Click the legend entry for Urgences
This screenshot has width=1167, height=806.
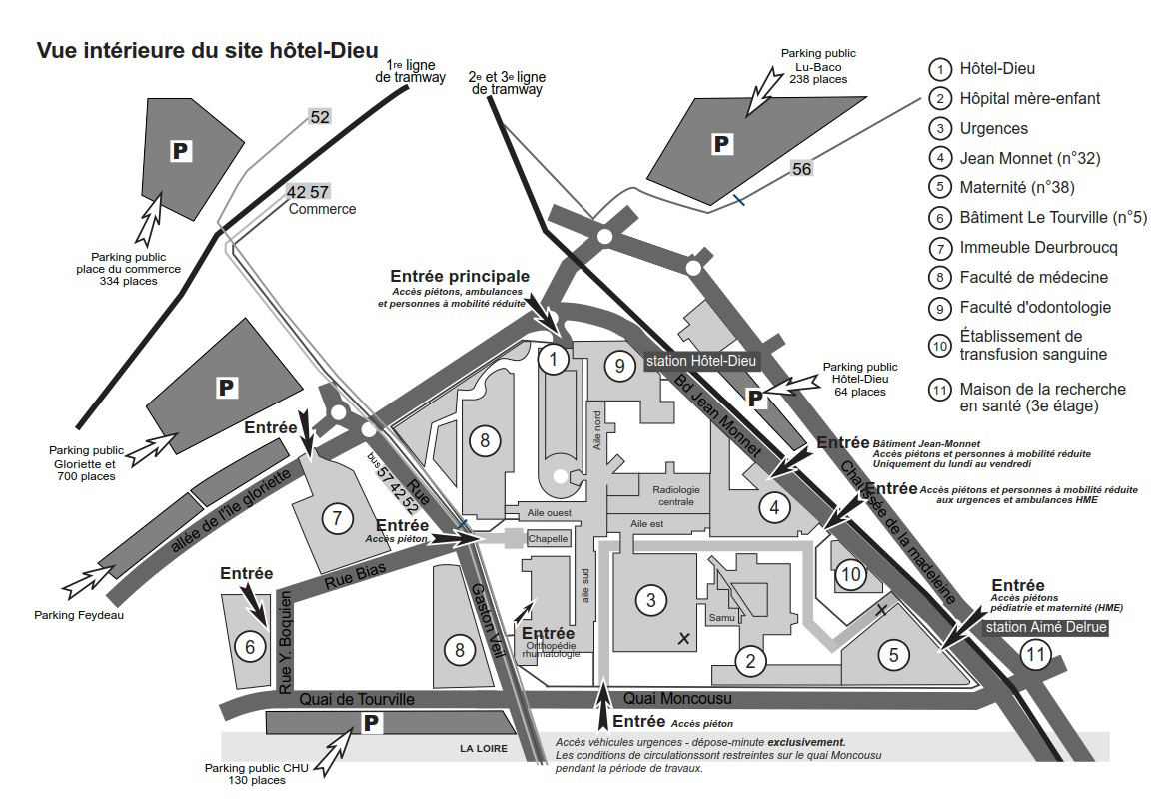pos(993,128)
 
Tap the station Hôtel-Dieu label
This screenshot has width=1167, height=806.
pos(702,361)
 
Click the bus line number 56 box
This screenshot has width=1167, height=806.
pos(801,169)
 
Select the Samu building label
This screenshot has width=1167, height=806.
pos(721,618)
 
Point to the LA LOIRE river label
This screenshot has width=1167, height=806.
pos(484,749)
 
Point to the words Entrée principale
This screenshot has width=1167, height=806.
pos(460,276)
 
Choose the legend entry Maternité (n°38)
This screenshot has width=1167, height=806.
pos(1016,187)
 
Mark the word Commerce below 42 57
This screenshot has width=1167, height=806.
pos(322,209)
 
